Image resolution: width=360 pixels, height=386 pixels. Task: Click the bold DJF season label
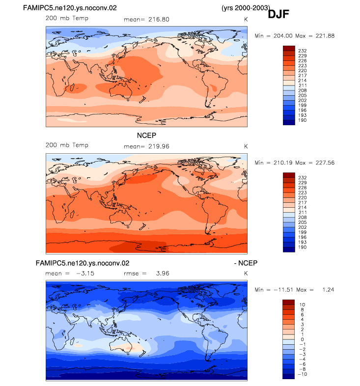[x=278, y=14]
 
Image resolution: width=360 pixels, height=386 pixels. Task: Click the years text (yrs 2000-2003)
[x=246, y=8]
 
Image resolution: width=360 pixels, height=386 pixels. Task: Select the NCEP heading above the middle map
[x=146, y=136]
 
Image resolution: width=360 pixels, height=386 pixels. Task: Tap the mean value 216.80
[x=159, y=20]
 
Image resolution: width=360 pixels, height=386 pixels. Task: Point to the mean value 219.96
[x=159, y=146]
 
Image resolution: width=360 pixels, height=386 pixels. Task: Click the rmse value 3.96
[x=163, y=274]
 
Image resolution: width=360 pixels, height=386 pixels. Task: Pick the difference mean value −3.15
[x=85, y=274]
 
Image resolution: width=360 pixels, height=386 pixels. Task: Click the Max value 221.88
[x=325, y=36]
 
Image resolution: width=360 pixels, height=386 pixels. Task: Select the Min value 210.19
[x=283, y=163]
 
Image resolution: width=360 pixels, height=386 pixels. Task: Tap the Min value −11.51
[x=283, y=290]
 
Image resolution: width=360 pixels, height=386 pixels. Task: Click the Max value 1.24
[x=328, y=290]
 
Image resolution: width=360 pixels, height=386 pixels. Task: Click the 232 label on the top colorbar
[x=303, y=51]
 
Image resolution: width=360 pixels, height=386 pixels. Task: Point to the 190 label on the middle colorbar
[x=303, y=247]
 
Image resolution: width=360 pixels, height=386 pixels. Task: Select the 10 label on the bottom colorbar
[x=302, y=305]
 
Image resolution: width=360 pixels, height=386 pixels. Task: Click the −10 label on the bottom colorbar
[x=303, y=374]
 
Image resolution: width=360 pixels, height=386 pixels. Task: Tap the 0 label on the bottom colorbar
[x=302, y=339]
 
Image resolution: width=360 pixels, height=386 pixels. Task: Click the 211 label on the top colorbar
[x=303, y=85]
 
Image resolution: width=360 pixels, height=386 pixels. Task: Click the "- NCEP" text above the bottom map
[x=246, y=263]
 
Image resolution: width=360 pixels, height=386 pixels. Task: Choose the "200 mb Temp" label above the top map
[x=67, y=18]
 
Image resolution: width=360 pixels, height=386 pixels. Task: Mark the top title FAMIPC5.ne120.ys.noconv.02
[x=70, y=8]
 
